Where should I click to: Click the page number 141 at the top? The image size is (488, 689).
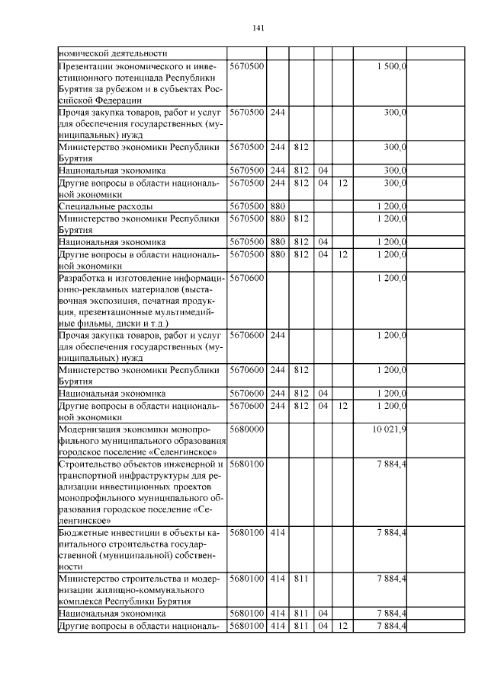click(x=258, y=28)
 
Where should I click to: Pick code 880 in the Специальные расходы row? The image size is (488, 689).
click(x=278, y=206)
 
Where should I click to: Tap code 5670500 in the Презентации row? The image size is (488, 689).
click(x=246, y=67)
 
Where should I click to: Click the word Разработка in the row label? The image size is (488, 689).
click(x=85, y=278)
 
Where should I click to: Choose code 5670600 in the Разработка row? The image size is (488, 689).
click(x=246, y=278)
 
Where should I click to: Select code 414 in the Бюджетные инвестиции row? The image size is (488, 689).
click(x=278, y=532)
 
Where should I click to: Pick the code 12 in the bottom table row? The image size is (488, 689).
click(x=343, y=626)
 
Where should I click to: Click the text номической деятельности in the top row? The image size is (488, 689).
click(x=112, y=53)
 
